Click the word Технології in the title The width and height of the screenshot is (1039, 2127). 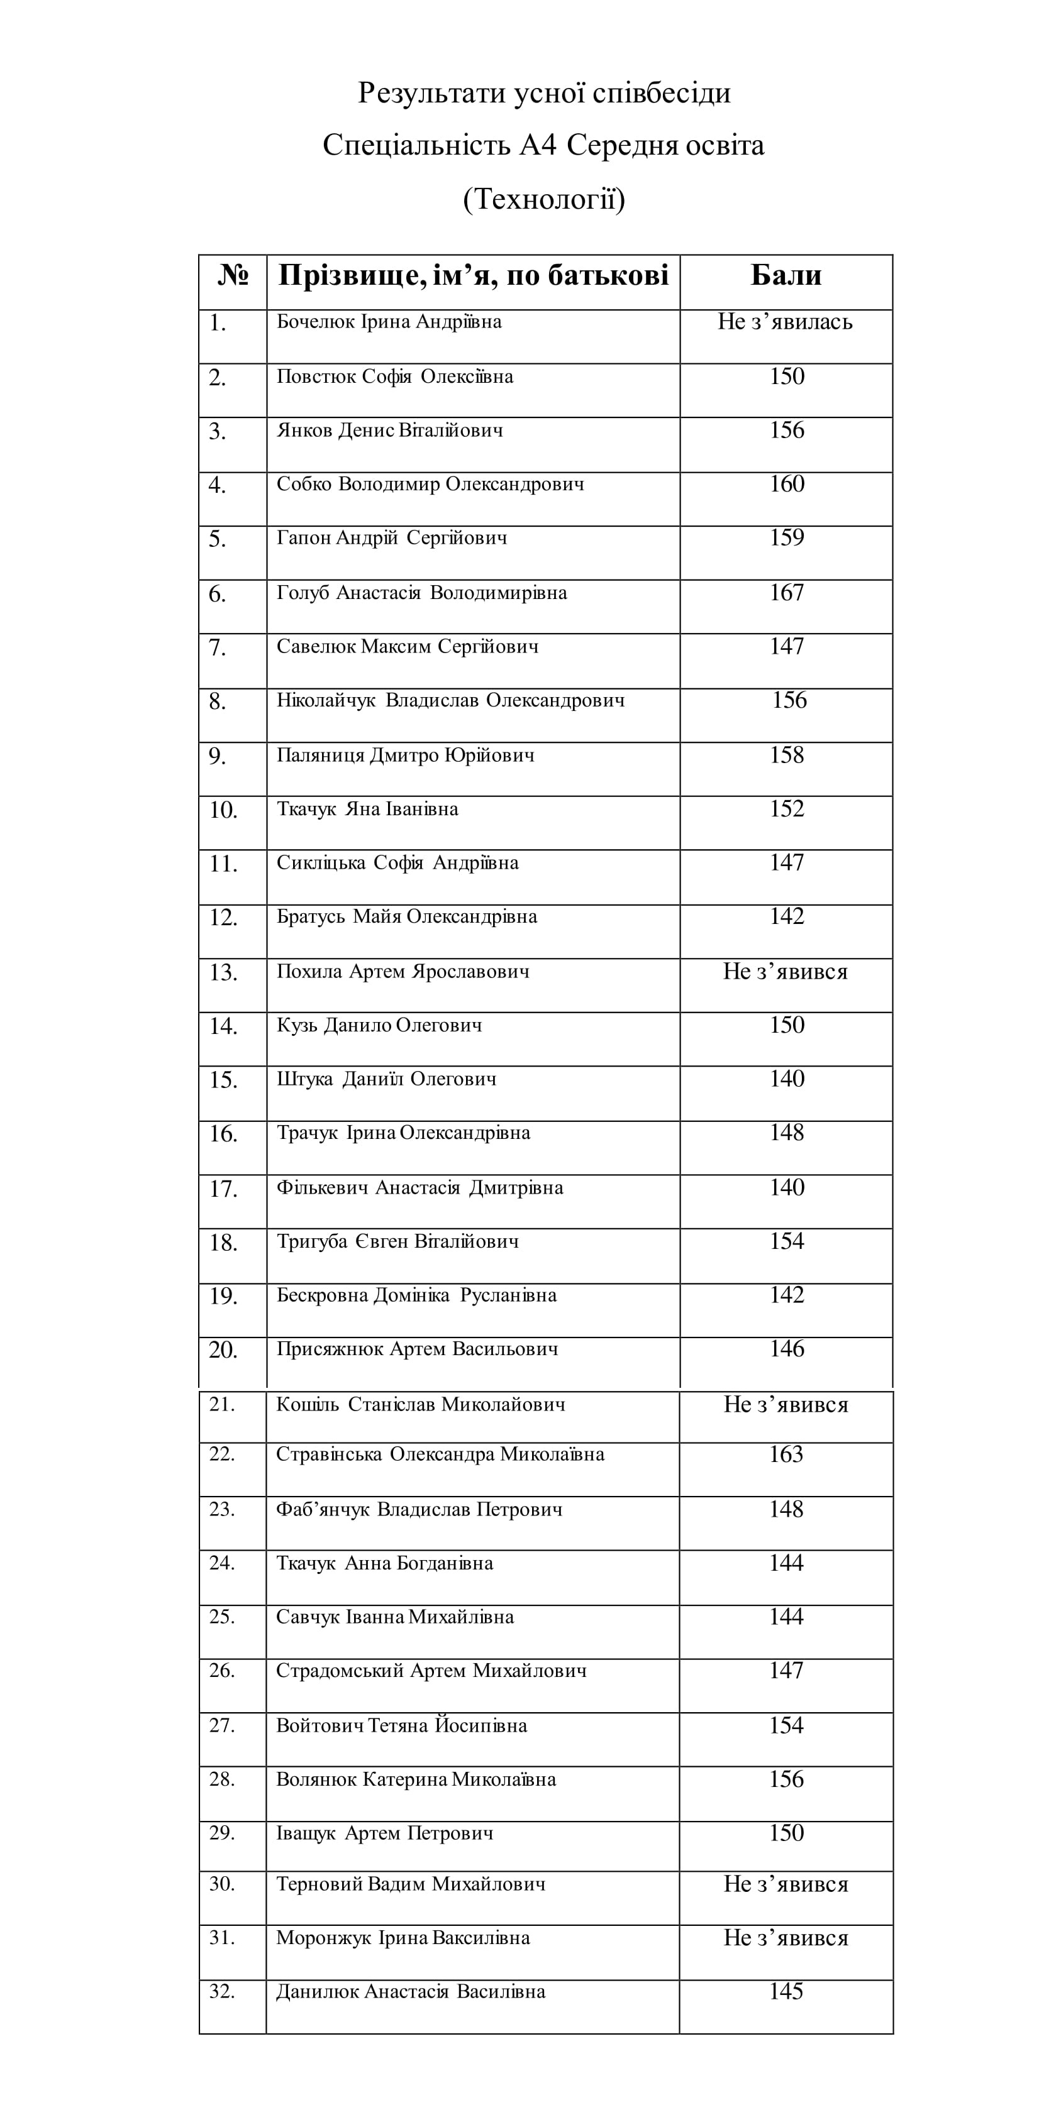tap(543, 199)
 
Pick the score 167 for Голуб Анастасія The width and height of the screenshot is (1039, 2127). tap(786, 593)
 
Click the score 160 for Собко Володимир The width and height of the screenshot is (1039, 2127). tap(786, 484)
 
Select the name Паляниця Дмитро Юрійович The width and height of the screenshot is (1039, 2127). tap(404, 756)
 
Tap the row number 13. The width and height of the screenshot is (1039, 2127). tap(223, 972)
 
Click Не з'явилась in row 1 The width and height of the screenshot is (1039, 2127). tap(785, 322)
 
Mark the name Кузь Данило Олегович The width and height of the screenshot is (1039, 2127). tap(379, 1026)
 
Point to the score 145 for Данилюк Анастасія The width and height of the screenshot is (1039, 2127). tap(786, 1992)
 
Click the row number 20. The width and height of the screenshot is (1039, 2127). tap(223, 1350)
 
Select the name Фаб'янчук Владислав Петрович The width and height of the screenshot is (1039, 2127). tap(419, 1509)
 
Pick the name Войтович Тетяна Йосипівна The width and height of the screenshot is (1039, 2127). tap(401, 1726)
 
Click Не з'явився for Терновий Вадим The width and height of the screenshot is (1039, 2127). tap(786, 1884)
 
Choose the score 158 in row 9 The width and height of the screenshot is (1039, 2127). tap(786, 756)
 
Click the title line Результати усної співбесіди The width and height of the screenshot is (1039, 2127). tap(543, 92)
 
